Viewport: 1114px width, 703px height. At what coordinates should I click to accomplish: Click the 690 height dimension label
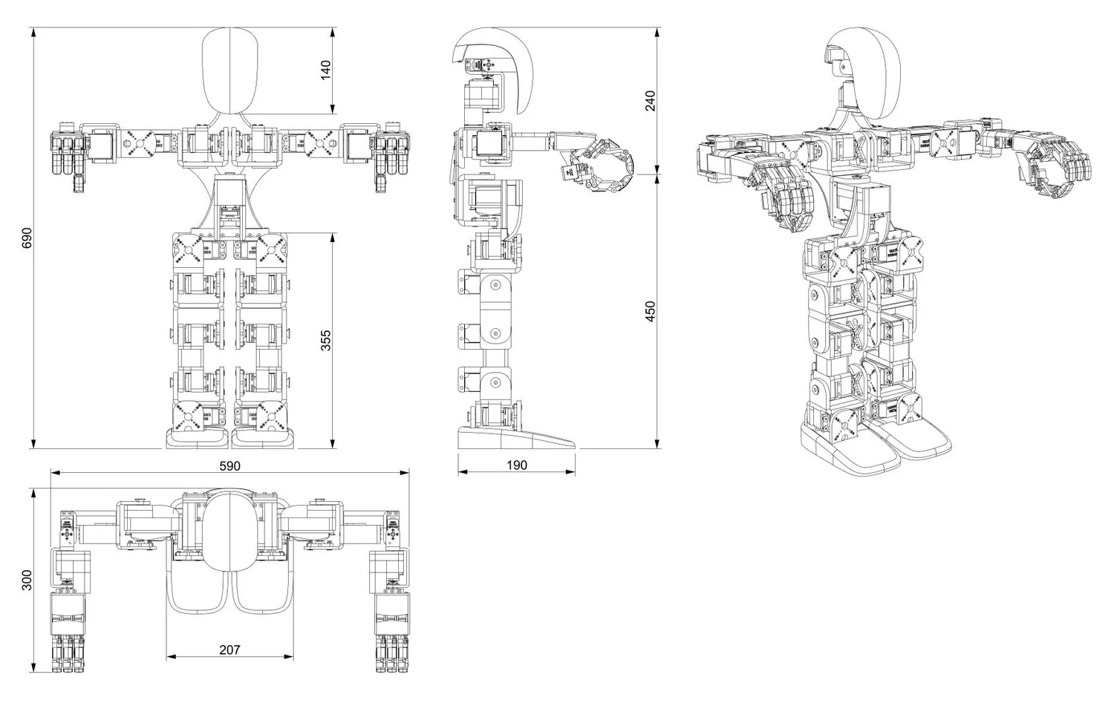(x=27, y=238)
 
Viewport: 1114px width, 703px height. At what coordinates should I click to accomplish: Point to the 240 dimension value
(x=651, y=100)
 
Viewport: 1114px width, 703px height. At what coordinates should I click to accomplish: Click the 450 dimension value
(x=651, y=311)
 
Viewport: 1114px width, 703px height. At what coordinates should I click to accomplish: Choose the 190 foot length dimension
(x=516, y=465)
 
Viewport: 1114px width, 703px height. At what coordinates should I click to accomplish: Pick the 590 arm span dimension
(x=229, y=465)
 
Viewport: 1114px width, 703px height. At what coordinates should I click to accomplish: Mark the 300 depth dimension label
(x=27, y=580)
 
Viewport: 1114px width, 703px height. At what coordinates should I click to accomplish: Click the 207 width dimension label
(x=229, y=650)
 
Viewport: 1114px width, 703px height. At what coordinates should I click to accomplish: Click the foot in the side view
(x=512, y=438)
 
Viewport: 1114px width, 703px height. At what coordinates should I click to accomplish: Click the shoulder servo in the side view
(x=489, y=145)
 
